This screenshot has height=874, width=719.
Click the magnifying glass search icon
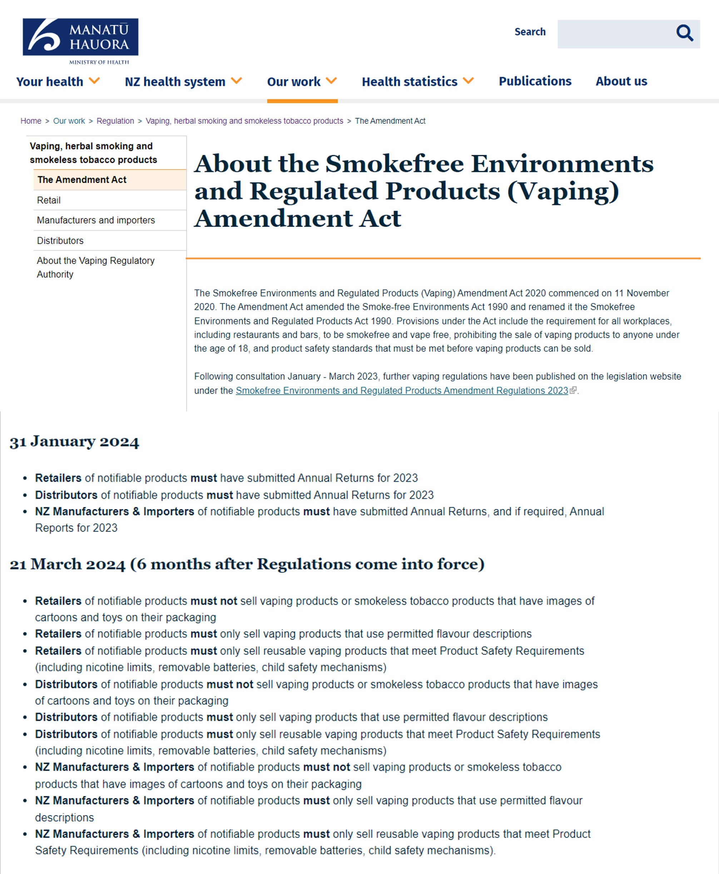click(684, 33)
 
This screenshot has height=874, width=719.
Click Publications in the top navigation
click(535, 81)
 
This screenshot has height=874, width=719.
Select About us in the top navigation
click(621, 81)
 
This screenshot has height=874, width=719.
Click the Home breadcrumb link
click(31, 121)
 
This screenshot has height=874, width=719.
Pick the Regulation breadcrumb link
click(115, 121)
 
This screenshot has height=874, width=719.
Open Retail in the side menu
click(49, 201)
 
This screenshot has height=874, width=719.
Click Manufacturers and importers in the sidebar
click(96, 220)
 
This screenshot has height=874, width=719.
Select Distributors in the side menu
click(60, 241)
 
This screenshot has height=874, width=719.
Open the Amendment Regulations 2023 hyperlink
click(402, 391)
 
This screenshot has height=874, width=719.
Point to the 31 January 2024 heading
click(75, 441)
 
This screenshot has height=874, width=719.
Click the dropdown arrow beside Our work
click(331, 81)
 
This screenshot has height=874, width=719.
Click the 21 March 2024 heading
click(247, 564)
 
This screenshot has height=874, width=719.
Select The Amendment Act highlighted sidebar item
click(82, 180)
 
